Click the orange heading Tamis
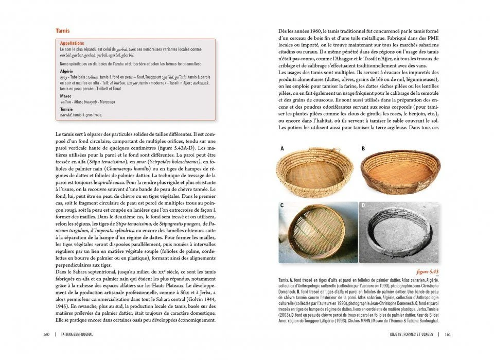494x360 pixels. pyautogui.click(x=63, y=31)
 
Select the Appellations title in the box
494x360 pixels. pyautogui.click(x=73, y=44)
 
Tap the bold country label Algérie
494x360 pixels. pyautogui.click(x=67, y=71)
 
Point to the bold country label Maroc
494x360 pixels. pyautogui.click(x=66, y=96)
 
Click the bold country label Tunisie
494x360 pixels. pyautogui.click(x=67, y=110)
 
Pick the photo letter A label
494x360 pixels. pyautogui.click(x=282, y=148)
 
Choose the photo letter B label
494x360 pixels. pyautogui.click(x=363, y=148)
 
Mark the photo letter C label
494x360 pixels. pyautogui.click(x=282, y=205)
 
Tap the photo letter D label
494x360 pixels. pyautogui.click(x=363, y=205)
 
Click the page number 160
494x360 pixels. pyautogui.click(x=46, y=335)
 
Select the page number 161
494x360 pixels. pyautogui.click(x=447, y=335)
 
